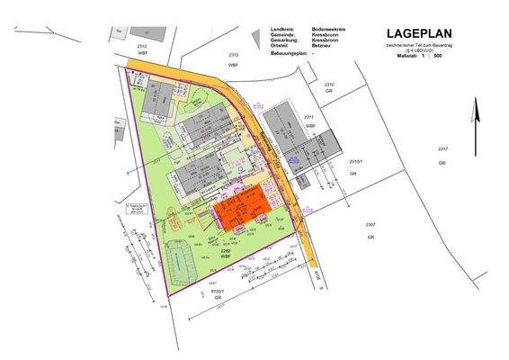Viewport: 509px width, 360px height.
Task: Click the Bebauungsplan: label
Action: point(289,54)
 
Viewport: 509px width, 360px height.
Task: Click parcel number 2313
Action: point(141,42)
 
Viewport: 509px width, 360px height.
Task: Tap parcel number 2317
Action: point(442,148)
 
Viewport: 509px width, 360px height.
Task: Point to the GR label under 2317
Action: point(442,163)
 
